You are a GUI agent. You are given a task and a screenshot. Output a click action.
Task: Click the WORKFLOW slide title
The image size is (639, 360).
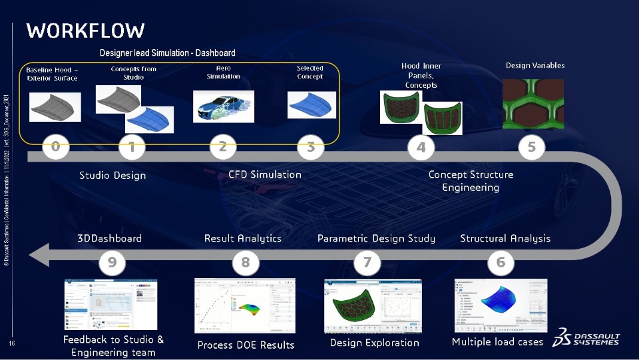85,31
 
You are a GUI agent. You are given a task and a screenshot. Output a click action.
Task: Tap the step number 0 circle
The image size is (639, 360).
56,147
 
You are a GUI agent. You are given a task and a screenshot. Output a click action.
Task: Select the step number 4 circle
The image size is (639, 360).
421,147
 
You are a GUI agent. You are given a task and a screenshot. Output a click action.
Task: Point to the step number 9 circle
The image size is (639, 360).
112,263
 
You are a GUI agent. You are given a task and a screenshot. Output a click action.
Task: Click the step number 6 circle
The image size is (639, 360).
501,263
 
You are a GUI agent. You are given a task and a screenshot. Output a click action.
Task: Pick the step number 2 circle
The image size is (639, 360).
222,147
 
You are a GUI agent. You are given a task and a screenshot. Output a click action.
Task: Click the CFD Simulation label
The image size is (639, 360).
264,174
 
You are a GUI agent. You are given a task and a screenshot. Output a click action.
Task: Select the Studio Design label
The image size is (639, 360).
112,176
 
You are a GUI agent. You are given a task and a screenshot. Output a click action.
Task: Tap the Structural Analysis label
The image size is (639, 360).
505,238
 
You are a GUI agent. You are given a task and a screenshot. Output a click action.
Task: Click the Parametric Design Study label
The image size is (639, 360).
376,238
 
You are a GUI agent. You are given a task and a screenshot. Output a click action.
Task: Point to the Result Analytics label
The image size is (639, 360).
242,238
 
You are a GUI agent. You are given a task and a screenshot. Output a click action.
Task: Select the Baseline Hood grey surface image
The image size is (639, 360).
55,106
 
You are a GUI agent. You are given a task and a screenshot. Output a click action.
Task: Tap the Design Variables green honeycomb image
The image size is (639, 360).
532,103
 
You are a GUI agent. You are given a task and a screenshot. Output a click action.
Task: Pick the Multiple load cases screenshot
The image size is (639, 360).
501,305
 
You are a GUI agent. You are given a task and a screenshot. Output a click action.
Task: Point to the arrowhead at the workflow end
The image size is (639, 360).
39,254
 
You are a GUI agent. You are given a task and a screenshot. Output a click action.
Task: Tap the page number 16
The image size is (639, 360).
12,343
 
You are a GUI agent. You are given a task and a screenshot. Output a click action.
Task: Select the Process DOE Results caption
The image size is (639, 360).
246,345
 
